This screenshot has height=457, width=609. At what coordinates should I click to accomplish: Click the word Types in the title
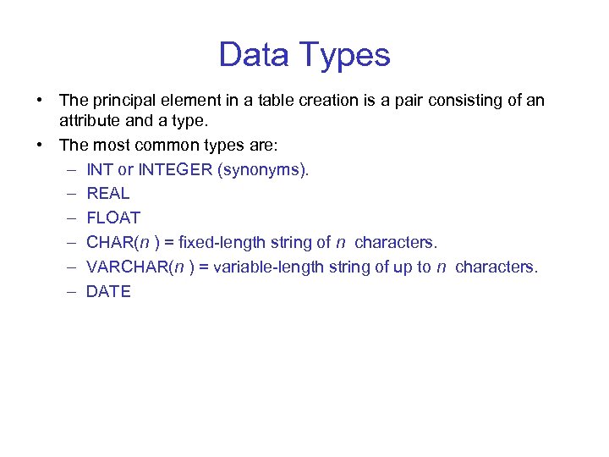346,56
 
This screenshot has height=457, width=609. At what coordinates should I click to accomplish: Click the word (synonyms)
264,169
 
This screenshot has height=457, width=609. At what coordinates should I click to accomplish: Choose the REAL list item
107,194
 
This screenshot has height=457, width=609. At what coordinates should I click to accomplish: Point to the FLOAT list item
113,218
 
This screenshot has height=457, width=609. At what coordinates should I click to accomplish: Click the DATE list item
108,292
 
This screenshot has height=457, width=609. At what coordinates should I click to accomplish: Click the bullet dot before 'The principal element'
41,101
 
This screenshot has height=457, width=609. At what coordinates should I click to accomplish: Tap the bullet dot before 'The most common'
41,145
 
